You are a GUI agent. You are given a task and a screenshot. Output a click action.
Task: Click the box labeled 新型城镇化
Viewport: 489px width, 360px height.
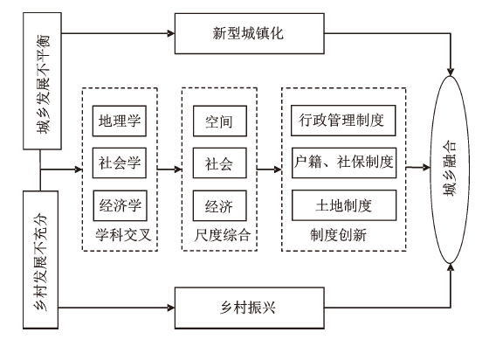pos(250,33)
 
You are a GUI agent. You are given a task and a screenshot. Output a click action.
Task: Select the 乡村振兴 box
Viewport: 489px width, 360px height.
pos(250,308)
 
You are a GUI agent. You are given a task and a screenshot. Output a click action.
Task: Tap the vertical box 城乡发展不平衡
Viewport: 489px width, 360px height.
pos(42,80)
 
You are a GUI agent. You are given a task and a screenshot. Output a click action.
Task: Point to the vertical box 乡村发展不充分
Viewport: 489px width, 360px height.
pos(40,260)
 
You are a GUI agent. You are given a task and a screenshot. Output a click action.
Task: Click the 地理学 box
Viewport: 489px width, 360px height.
pos(120,121)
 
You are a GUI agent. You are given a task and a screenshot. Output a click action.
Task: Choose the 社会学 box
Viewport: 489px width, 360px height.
pos(120,163)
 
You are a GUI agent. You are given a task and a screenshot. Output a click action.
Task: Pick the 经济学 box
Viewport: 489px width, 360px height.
pos(121,205)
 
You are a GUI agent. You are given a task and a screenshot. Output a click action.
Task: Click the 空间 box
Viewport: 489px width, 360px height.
pos(220,121)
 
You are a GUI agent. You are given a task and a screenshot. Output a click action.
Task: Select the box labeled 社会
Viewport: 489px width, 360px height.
pos(219,163)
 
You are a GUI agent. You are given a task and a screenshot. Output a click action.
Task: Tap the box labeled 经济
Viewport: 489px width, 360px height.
pos(219,205)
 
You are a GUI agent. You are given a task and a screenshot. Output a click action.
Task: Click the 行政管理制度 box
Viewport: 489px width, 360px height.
pos(343,121)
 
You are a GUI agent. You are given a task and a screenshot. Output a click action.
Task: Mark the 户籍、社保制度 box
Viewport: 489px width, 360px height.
pos(344,163)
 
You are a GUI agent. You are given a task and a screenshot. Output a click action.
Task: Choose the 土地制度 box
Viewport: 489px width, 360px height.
pos(344,205)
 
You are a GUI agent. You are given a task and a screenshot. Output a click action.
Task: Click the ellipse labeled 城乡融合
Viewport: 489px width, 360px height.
pos(450,170)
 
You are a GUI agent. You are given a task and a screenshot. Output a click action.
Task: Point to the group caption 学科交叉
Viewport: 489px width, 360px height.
pos(123,235)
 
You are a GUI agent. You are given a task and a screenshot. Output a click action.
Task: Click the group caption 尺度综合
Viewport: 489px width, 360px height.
pos(223,235)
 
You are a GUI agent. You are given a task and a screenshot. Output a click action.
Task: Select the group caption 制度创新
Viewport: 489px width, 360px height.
pos(339,235)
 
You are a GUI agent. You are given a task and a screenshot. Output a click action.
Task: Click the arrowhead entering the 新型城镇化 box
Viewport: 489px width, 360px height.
pos(171,33)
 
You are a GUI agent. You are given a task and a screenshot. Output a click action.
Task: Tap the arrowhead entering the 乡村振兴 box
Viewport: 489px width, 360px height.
pos(171,308)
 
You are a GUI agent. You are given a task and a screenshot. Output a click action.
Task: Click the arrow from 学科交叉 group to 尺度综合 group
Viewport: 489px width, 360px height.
pos(169,170)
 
